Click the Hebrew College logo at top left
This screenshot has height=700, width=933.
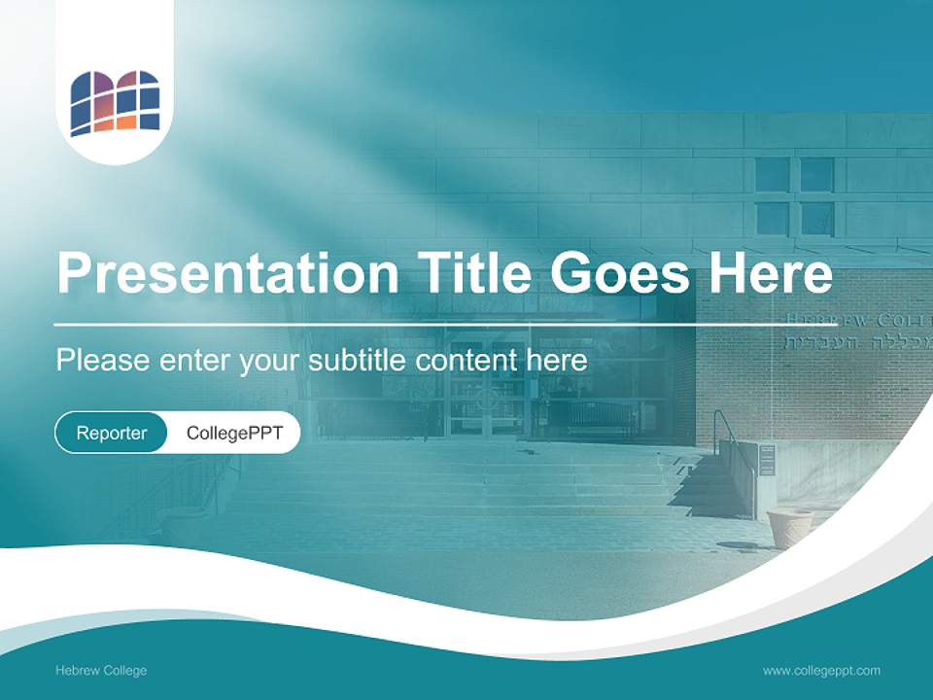(115, 102)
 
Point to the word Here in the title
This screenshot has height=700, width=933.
(770, 273)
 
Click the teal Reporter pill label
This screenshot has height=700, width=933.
(112, 433)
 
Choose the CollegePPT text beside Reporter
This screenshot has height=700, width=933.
(234, 433)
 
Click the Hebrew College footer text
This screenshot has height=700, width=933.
(101, 670)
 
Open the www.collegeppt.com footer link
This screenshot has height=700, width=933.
(821, 670)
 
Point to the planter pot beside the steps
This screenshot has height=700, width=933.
(789, 528)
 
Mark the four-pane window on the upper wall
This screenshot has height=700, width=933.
(795, 195)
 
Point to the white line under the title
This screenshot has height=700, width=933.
(428, 324)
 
